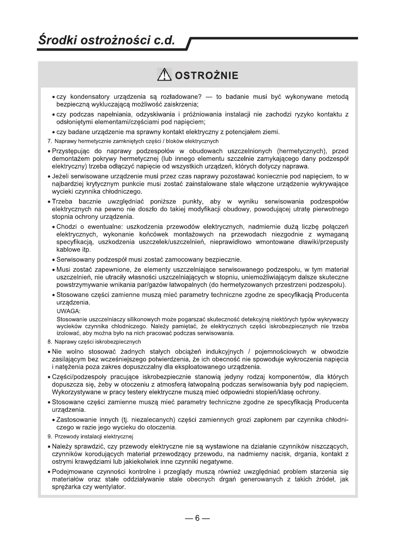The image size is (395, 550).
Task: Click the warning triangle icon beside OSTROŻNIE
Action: click(x=164, y=75)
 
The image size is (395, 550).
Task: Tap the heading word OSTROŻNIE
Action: click(x=206, y=76)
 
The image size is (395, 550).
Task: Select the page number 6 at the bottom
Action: click(x=197, y=518)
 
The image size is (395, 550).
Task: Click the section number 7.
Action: click(x=50, y=141)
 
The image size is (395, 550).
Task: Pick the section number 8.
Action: click(x=50, y=342)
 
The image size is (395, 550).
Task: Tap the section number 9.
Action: click(x=50, y=436)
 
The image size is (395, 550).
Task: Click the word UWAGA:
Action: click(x=69, y=311)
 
